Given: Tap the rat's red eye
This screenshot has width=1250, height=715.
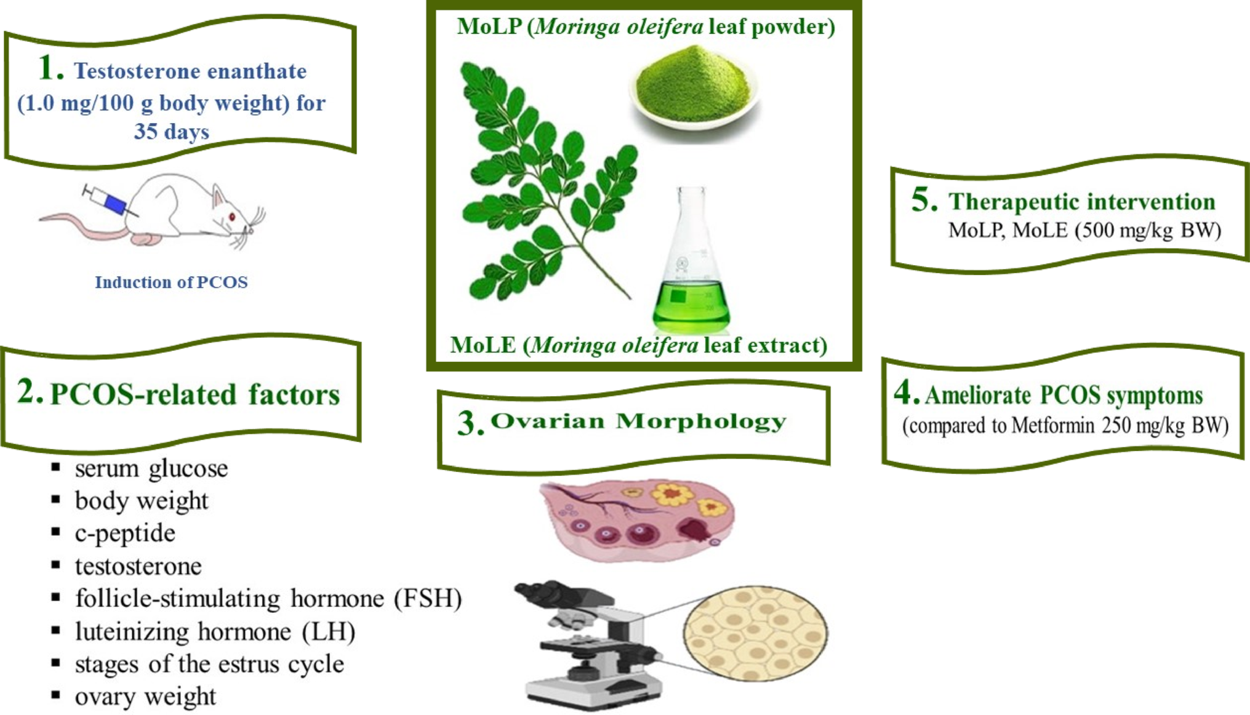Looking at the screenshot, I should coord(232,217).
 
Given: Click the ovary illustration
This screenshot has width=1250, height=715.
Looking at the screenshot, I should coord(637,520).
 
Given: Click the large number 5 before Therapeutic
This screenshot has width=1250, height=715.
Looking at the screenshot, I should coord(924,200).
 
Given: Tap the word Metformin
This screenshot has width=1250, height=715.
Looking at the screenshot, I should coord(1054,426).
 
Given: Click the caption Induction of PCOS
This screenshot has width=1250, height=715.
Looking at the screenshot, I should coord(171,282).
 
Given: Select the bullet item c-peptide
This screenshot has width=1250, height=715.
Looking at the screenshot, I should coord(125,533).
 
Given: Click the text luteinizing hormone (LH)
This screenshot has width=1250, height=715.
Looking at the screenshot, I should coord(215,632).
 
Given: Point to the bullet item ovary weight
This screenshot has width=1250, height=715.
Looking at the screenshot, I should coord(145,697).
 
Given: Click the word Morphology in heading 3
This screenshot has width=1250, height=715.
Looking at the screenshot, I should coord(701,421).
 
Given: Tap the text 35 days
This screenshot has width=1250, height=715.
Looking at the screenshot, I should coord(172,131).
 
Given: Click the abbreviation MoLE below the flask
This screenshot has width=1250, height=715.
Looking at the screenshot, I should coord(483,345).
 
